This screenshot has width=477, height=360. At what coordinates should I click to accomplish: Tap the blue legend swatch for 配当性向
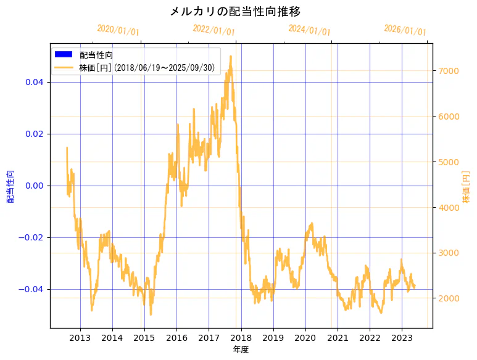click(63, 55)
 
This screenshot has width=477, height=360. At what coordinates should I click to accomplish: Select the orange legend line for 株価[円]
click(63, 67)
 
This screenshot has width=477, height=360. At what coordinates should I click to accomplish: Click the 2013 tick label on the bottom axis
click(80, 337)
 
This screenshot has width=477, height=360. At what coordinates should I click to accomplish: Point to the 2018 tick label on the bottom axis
click(241, 337)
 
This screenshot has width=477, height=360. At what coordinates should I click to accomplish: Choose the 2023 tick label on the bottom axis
click(402, 337)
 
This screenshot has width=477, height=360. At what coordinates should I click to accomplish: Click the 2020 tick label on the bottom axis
click(305, 337)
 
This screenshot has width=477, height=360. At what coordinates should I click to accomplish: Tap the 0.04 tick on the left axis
click(34, 82)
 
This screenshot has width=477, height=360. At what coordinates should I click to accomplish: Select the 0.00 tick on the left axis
click(34, 186)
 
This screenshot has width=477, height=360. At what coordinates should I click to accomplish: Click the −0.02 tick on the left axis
click(31, 237)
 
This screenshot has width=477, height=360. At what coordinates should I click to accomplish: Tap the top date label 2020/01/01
click(118, 30)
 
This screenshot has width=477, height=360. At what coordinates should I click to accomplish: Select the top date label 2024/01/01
click(309, 30)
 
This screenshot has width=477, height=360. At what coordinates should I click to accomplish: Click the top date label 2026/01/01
click(405, 30)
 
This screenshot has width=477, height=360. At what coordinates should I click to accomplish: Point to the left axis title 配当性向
click(10, 187)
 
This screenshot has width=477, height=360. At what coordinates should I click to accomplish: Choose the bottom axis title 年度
click(241, 350)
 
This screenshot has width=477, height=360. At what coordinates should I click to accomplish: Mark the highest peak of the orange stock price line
click(231, 56)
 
